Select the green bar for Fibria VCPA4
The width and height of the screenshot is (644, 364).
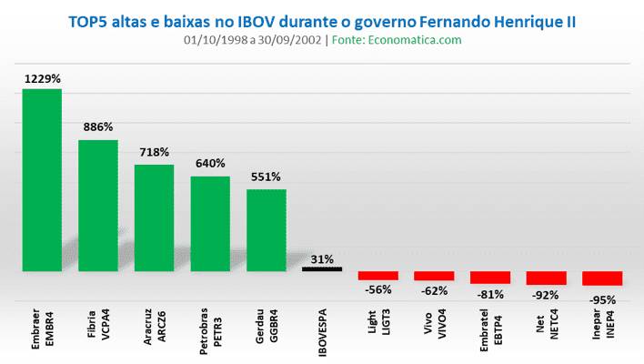click(98, 206)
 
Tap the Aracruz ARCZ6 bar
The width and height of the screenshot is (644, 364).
click(154, 218)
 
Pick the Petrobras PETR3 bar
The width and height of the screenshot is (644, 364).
click(210, 224)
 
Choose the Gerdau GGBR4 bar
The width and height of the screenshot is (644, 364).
click(267, 230)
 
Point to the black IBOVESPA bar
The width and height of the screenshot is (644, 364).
click(322, 268)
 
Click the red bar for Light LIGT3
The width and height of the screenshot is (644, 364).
click(378, 276)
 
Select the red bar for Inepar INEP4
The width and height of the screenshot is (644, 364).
click(602, 278)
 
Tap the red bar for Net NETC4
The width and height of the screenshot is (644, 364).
click(546, 278)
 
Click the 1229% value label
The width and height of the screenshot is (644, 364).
click(43, 79)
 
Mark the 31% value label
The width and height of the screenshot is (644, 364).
click(322, 258)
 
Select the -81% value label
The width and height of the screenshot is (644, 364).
click(490, 294)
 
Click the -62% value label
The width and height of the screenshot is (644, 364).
click(435, 291)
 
